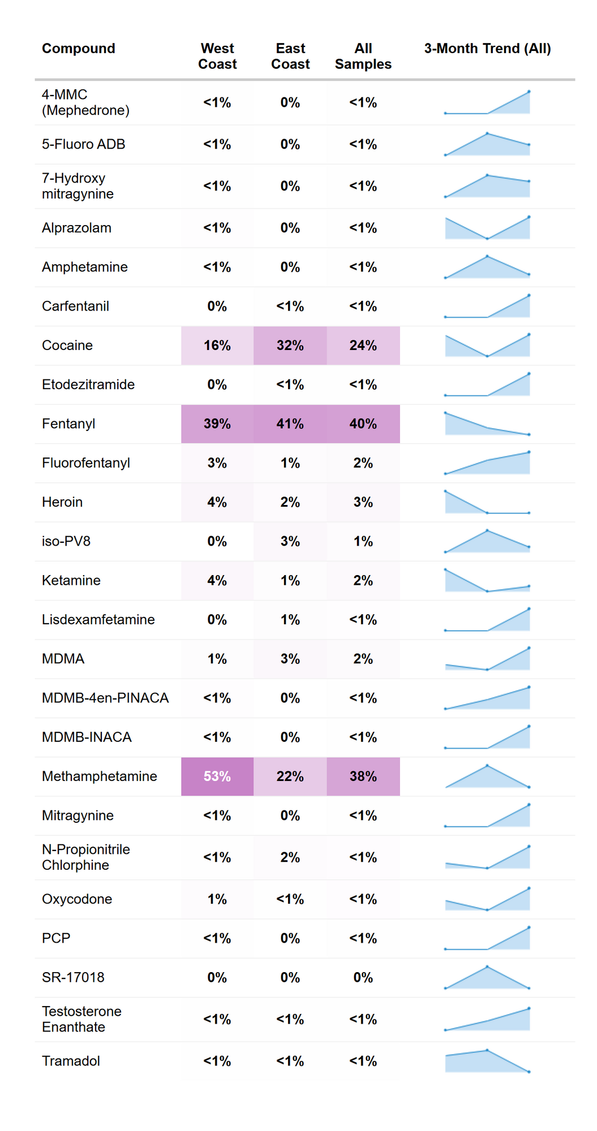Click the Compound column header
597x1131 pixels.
tap(78, 49)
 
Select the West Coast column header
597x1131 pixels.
tap(217, 56)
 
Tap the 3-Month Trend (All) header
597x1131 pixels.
tap(487, 49)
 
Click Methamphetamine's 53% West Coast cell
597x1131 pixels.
tap(217, 776)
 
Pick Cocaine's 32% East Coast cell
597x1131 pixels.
tap(290, 346)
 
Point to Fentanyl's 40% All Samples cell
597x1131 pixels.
tap(363, 424)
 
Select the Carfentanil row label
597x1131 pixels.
tap(75, 307)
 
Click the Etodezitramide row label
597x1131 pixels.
tap(88, 385)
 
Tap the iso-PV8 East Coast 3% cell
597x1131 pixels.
tap(290, 541)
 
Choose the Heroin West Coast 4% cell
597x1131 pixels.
tap(217, 502)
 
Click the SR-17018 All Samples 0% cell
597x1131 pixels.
tap(363, 977)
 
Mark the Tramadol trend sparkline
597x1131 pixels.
tap(487, 1061)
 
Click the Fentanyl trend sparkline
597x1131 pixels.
tap(487, 424)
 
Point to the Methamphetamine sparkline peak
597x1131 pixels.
tap(487, 766)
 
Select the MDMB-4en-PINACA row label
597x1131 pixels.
tap(105, 698)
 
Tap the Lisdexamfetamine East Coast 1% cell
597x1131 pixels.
tap(290, 620)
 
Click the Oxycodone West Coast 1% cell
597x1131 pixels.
tap(217, 899)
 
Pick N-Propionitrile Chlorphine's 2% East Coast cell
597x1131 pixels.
tap(290, 857)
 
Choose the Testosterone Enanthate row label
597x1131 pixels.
tap(81, 1019)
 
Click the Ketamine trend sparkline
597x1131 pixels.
tap(487, 581)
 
